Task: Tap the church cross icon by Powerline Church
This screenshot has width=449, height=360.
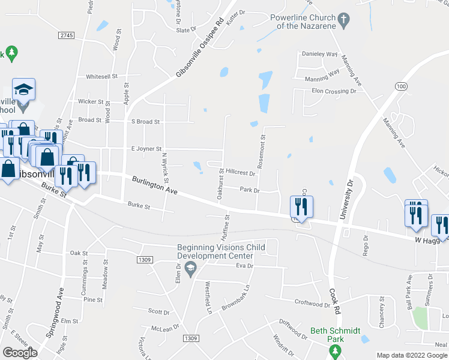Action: [343, 22]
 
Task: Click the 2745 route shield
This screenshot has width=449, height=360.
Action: [66, 36]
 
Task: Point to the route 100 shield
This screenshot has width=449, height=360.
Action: [400, 87]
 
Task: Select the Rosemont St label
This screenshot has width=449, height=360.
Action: [262, 149]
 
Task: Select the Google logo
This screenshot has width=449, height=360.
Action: [20, 352]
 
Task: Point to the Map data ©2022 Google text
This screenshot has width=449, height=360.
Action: [412, 355]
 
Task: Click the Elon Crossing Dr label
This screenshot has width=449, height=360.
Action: [334, 91]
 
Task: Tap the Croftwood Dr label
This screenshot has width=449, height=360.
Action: [312, 304]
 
